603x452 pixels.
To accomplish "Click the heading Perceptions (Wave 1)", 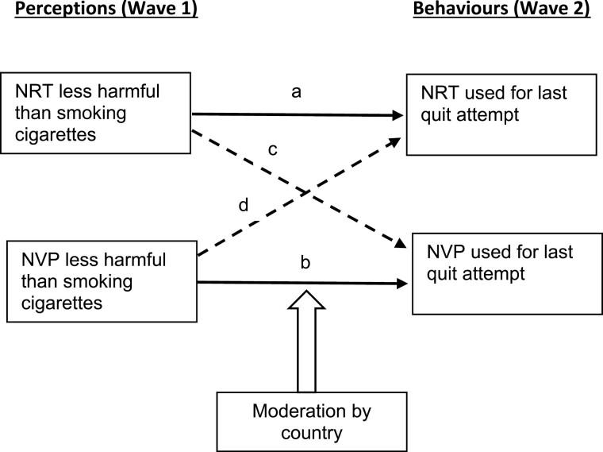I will point(99,12).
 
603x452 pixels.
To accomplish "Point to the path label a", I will point(296,92).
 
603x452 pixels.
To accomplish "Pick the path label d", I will point(244,206).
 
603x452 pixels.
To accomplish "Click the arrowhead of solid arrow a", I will point(399,115).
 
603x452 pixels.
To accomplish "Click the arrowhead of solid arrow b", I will point(399,283).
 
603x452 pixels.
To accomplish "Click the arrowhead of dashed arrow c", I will point(401,242).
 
